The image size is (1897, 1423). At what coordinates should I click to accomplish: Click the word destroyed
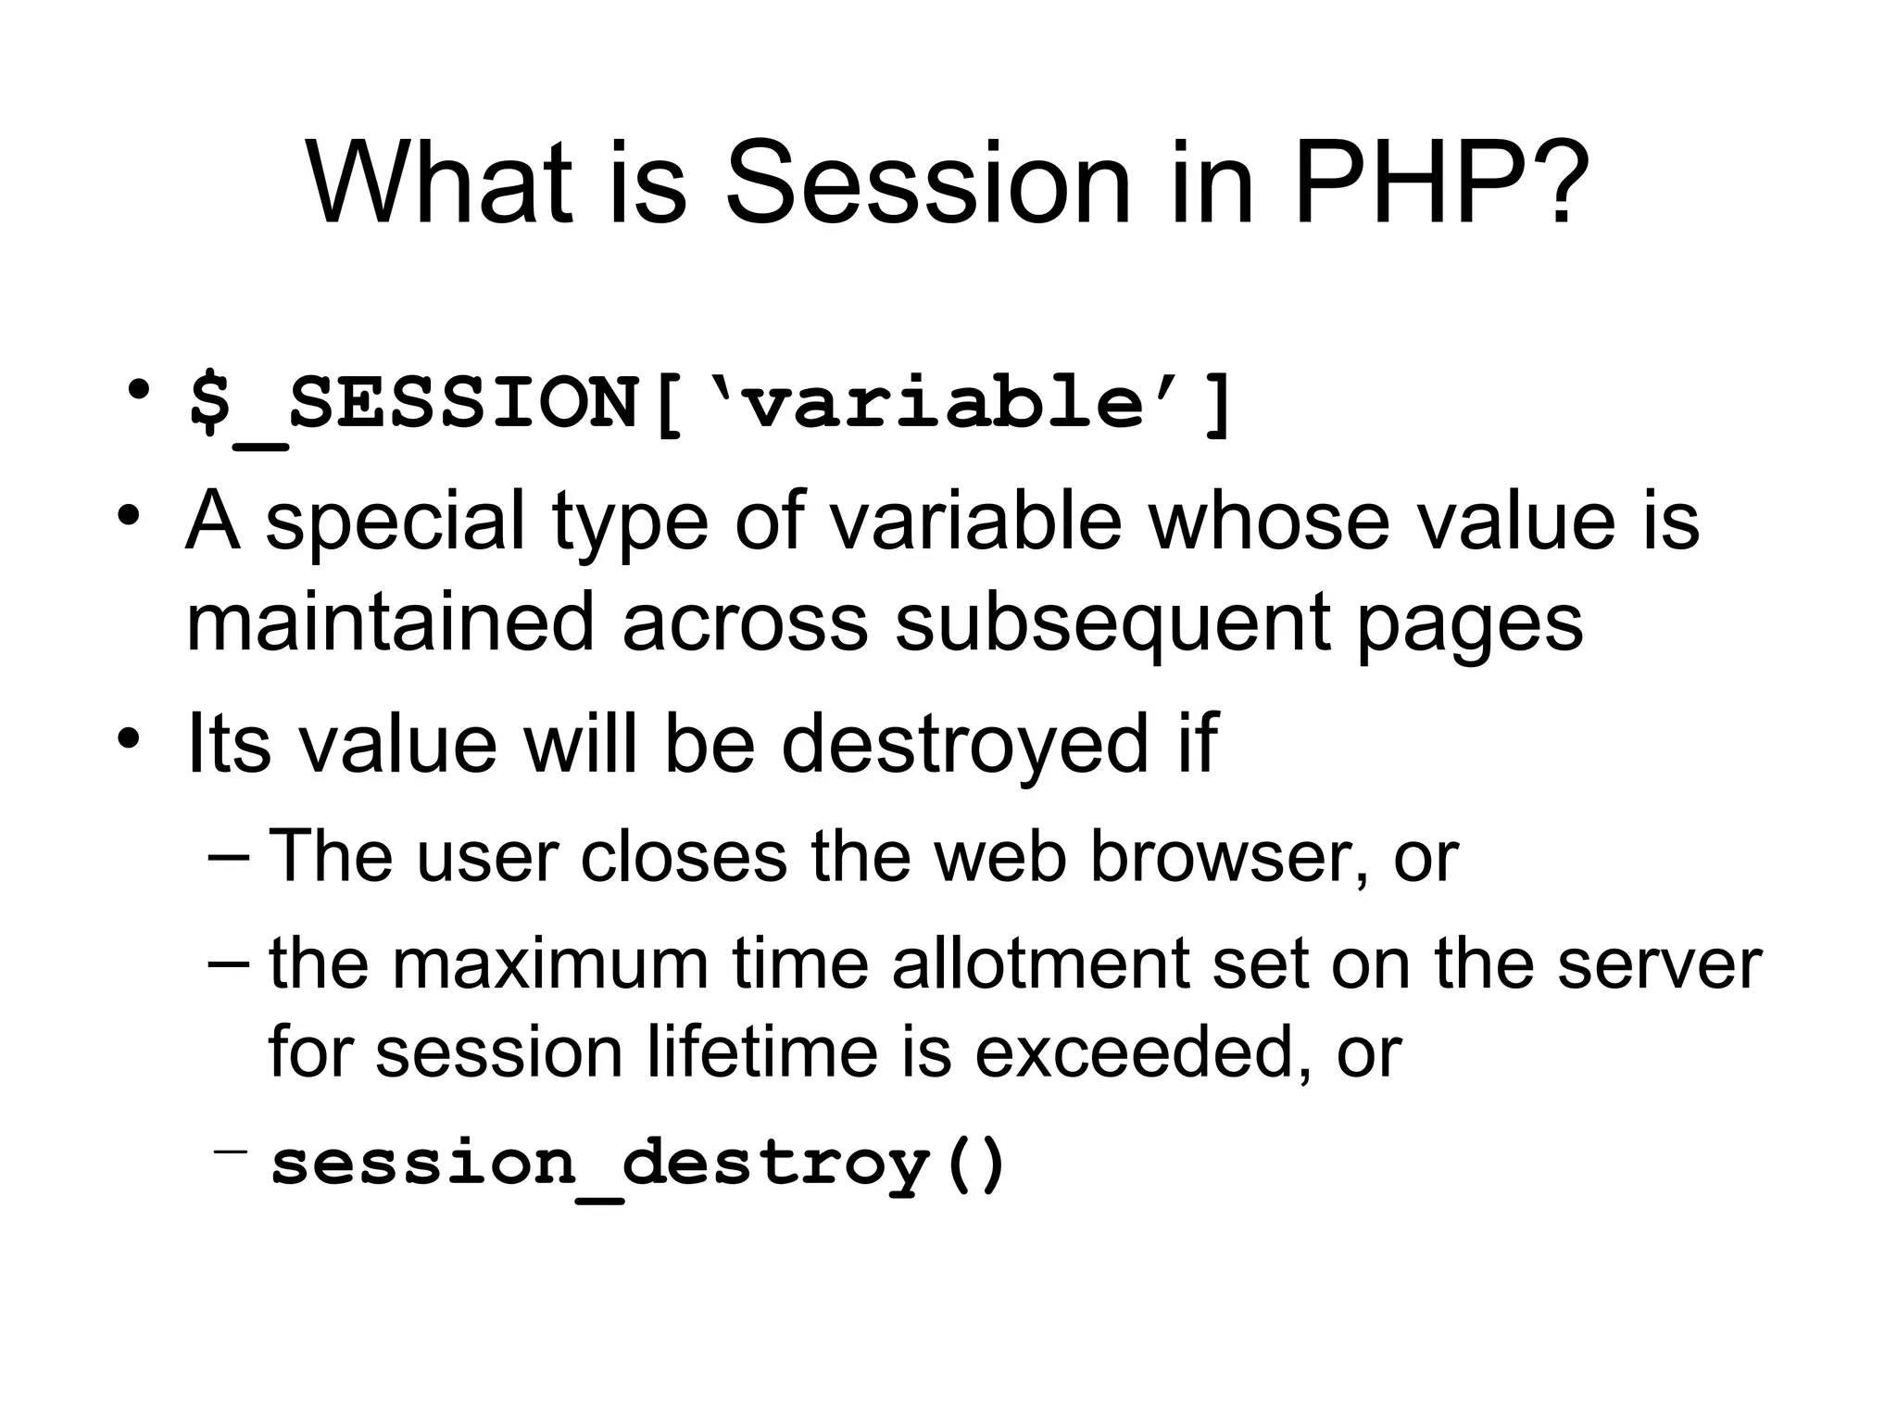(964, 744)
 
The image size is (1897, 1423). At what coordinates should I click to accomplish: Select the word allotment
(1041, 964)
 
